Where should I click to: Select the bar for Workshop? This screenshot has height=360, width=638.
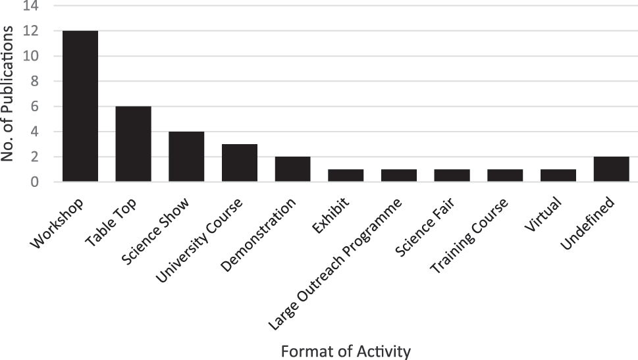[80, 106]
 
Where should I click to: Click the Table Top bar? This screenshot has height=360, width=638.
[133, 143]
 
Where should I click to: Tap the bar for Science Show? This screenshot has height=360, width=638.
[186, 157]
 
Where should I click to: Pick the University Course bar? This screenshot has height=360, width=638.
[240, 163]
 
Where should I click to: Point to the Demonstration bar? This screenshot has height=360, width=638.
[292, 169]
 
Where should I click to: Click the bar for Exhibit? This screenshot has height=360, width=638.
[346, 175]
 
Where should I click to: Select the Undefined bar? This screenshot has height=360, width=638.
[611, 169]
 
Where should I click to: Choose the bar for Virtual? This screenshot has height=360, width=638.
[558, 175]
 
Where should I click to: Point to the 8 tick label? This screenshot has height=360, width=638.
[39, 82]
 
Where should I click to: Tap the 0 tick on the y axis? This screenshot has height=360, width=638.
[39, 182]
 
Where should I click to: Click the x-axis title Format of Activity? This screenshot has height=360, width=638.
[346, 351]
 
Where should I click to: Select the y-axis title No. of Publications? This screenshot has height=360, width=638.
[11, 91]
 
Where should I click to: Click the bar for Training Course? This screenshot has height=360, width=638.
[505, 175]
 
